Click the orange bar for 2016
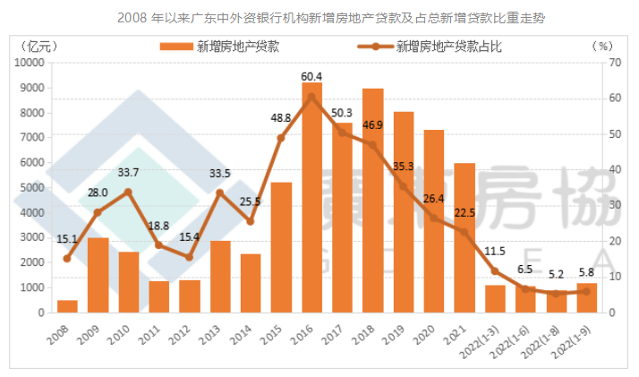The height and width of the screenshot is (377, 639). click(x=312, y=206)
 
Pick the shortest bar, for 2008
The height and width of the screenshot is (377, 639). click(x=67, y=306)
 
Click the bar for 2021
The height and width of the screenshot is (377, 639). click(x=464, y=238)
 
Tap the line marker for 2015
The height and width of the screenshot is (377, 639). click(x=281, y=138)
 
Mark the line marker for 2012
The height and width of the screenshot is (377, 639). click(x=190, y=257)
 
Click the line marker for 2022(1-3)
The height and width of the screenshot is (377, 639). click(x=495, y=271)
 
